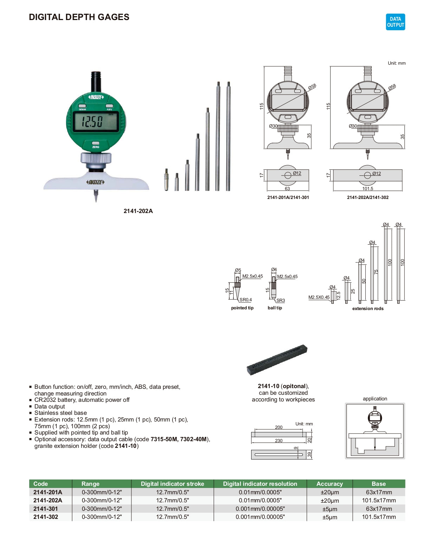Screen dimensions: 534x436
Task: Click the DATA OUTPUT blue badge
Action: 395,22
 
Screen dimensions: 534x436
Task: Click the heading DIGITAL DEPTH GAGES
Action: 79,17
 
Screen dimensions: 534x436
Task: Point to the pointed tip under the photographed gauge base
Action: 96,196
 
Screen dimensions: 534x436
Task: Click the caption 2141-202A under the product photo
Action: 138,211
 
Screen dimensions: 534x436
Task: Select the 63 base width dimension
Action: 287,189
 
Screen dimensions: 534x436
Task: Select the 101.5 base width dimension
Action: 367,189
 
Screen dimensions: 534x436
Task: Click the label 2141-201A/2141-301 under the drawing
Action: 288,198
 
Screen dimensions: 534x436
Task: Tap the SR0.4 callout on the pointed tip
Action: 246,300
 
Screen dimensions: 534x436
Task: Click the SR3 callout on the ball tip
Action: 280,301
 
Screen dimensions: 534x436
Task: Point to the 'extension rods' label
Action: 368,309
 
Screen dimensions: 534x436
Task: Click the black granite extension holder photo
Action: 277,360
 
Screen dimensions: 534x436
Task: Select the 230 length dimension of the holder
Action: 279,440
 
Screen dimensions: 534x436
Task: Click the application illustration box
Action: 375,431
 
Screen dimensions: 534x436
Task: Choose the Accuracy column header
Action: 329,484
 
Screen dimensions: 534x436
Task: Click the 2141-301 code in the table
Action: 46,509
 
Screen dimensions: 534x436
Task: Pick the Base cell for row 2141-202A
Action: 379,500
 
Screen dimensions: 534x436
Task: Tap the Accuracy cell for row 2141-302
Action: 330,517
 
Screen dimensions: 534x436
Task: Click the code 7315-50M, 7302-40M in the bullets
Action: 178,439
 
